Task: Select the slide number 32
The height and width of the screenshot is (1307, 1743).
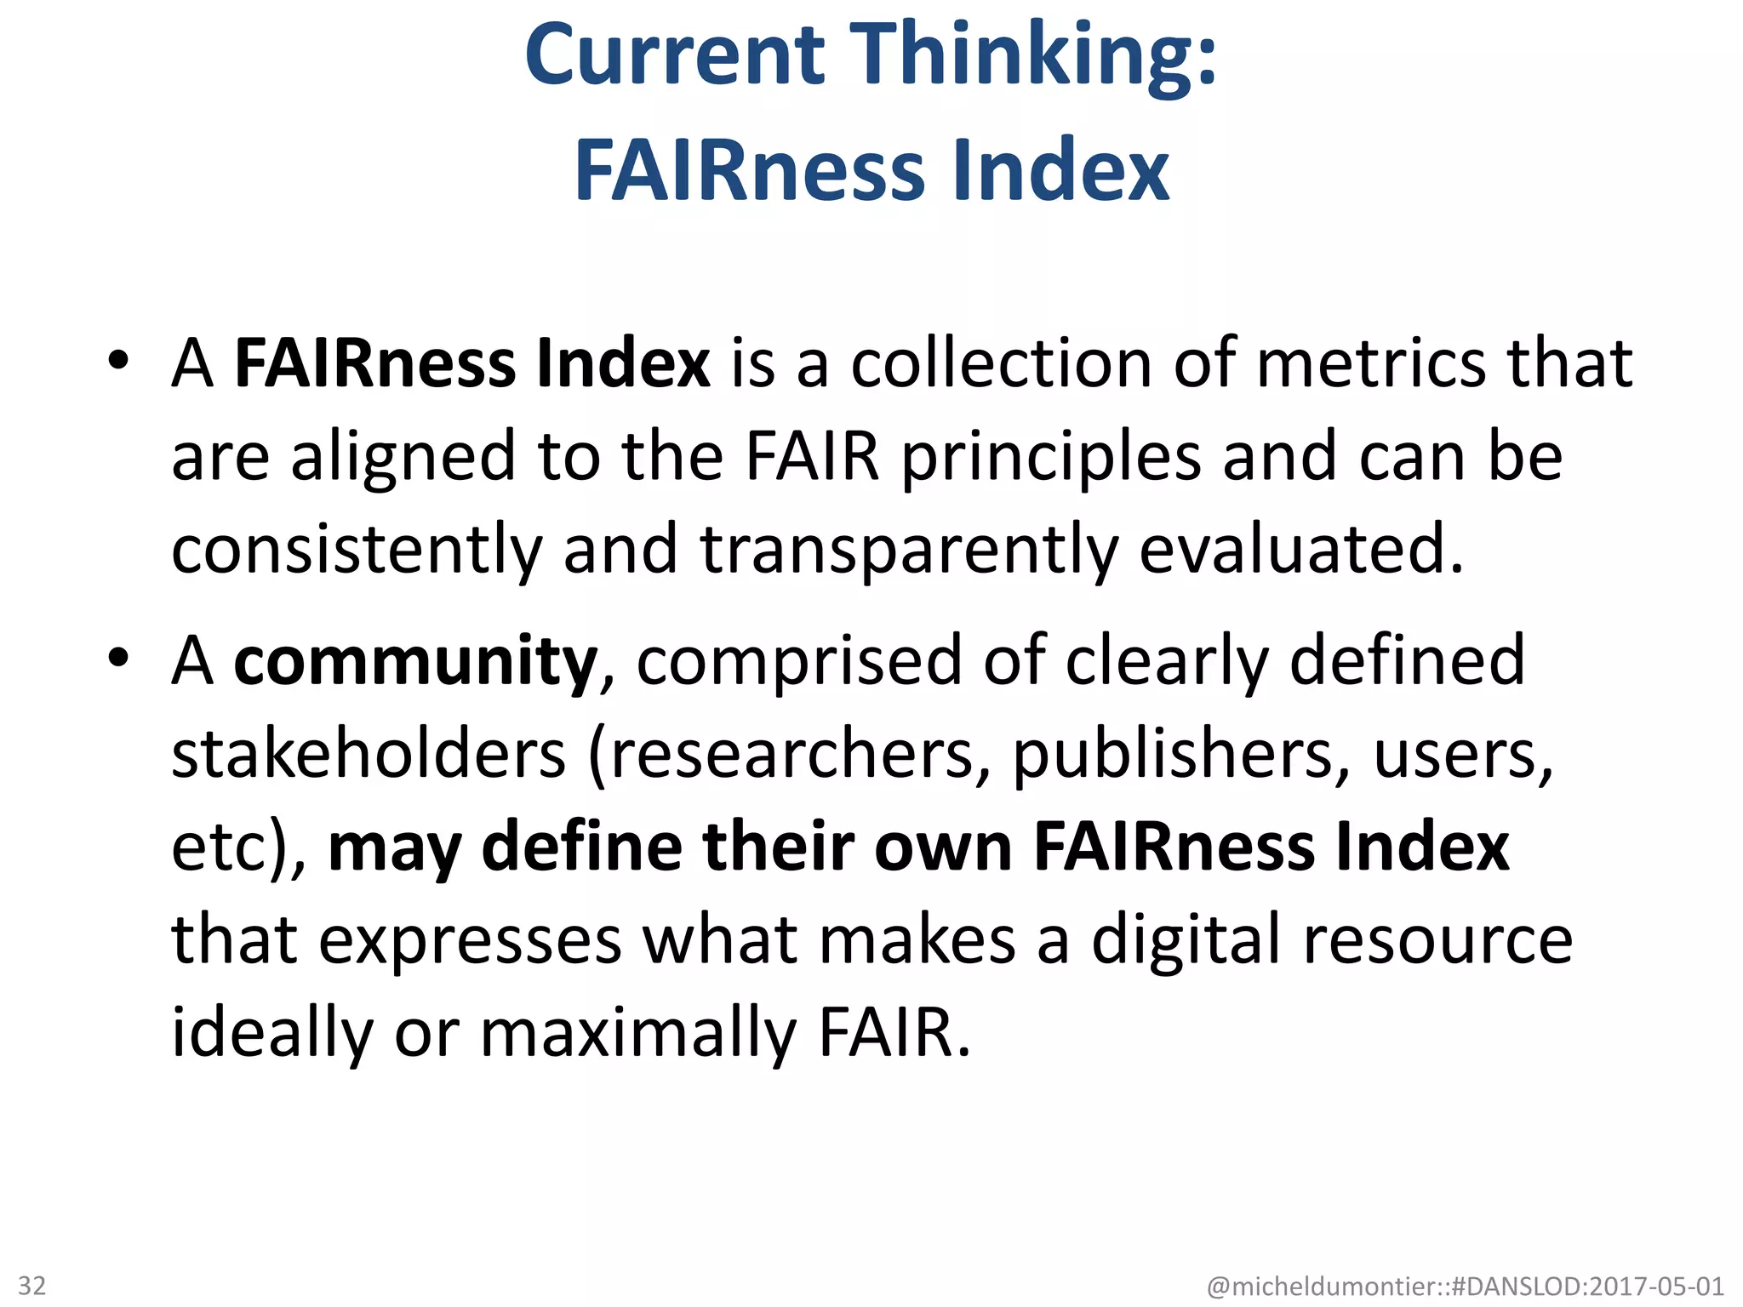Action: click(x=32, y=1285)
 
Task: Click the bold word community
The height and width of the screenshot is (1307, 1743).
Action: click(x=415, y=662)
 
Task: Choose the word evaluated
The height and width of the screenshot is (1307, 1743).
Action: click(x=1301, y=550)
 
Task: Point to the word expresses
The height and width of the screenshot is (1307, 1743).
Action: click(x=470, y=943)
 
